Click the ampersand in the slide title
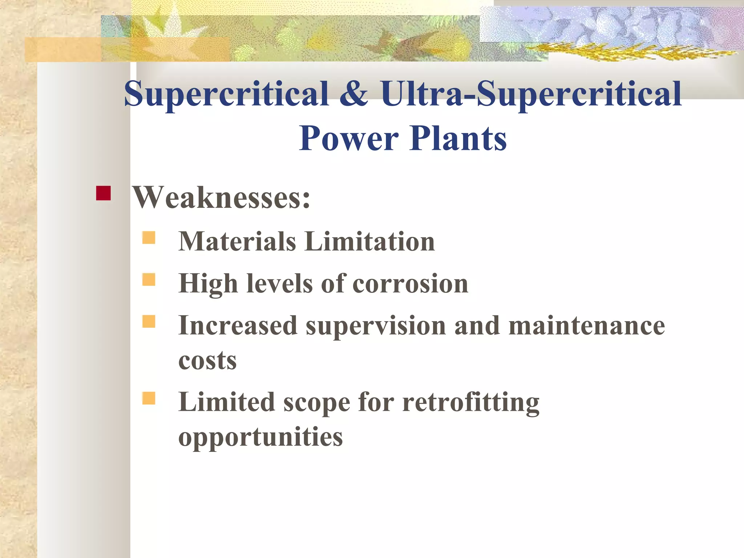click(354, 94)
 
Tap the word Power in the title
click(349, 138)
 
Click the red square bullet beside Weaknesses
click(103, 193)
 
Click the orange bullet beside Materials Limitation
click(149, 238)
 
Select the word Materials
click(237, 241)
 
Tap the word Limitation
click(369, 241)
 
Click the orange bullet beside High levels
click(149, 280)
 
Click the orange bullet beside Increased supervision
click(149, 322)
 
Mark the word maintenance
click(586, 325)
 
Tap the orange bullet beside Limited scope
click(149, 398)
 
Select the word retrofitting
click(471, 403)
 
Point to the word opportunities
click(260, 437)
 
